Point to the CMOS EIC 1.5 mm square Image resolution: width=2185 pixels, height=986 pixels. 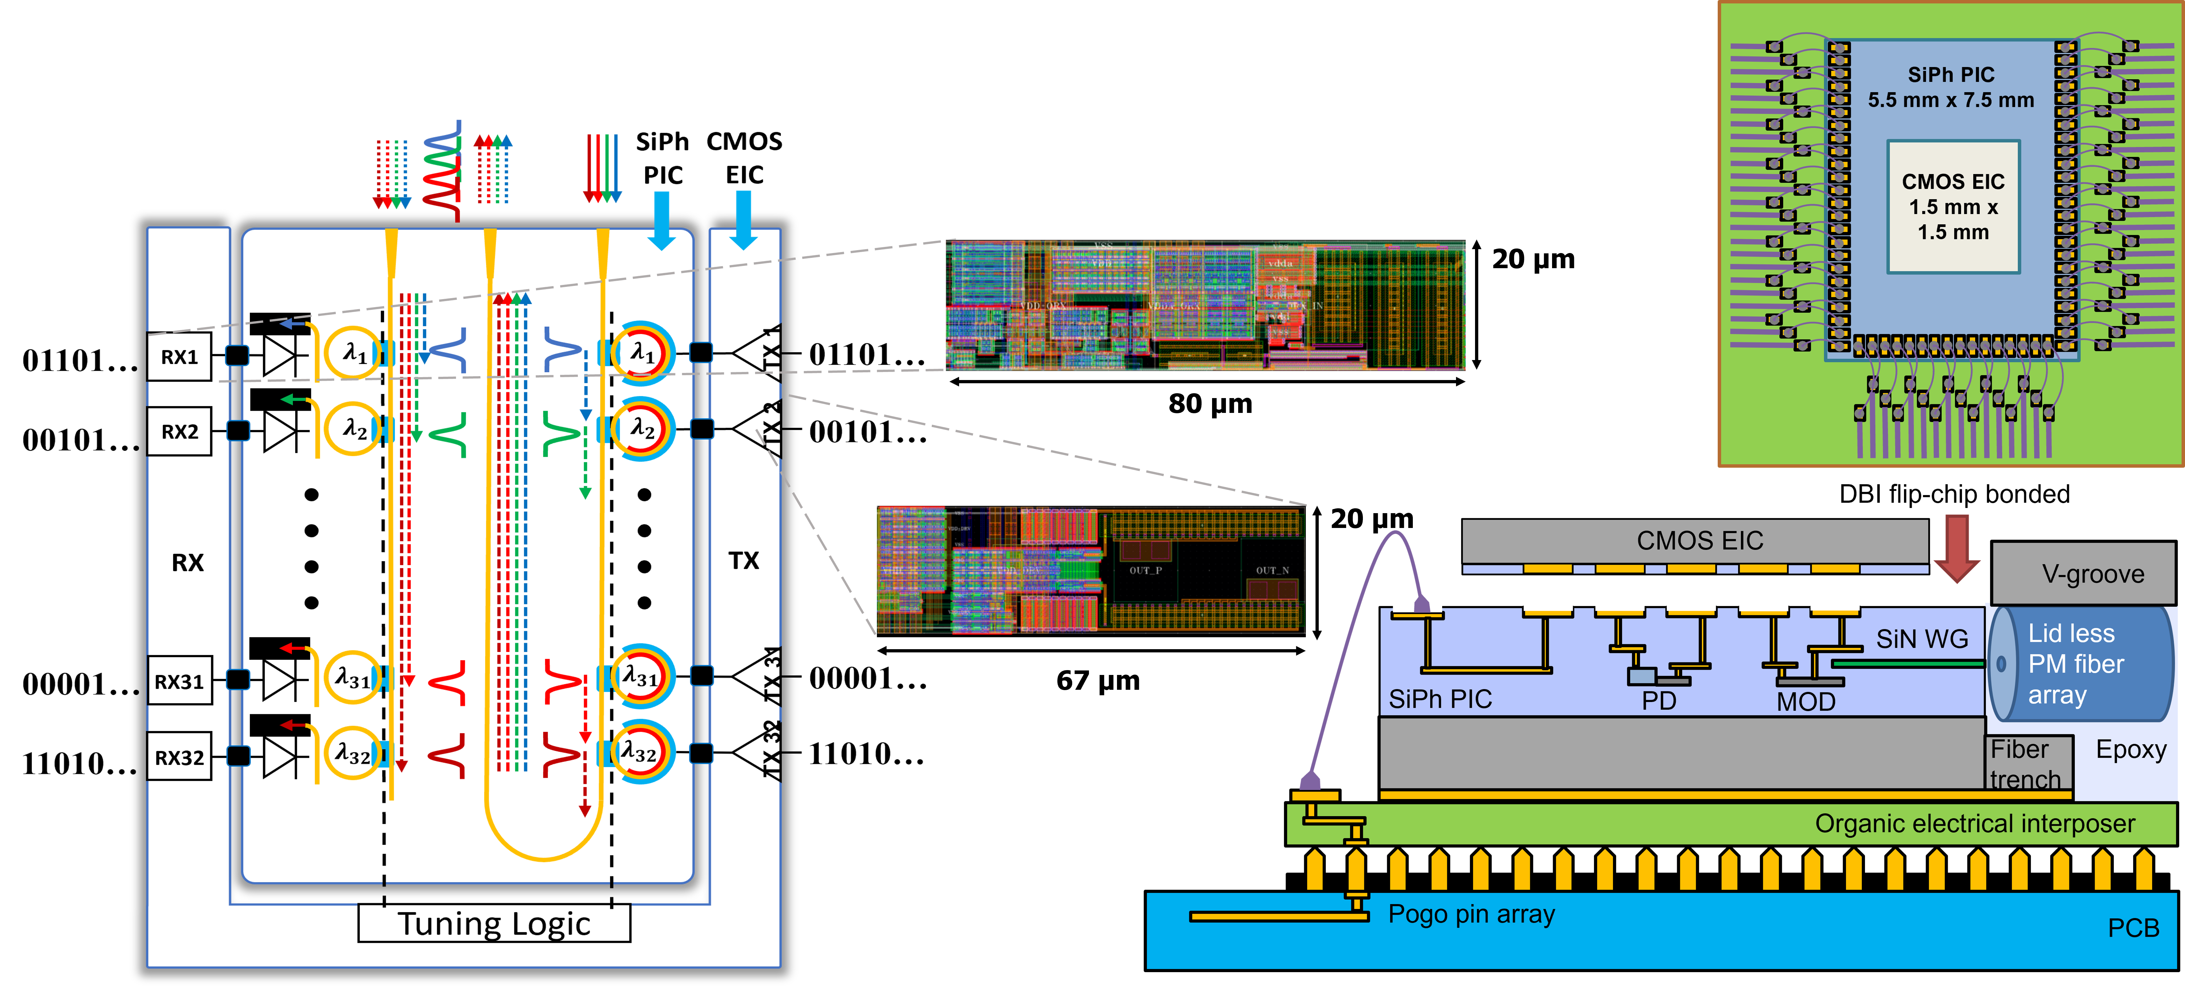[x=1953, y=207]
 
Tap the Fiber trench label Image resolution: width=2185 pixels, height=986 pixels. [x=2025, y=764]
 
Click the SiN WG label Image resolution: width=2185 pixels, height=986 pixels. [x=1921, y=639]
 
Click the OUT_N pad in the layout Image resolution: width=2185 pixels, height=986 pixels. [x=1271, y=570]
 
